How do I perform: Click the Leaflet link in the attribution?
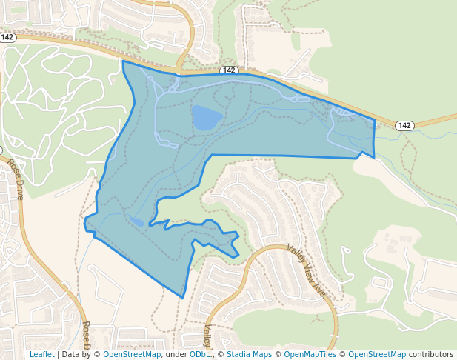[41, 354]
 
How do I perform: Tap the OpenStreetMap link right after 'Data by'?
[131, 354]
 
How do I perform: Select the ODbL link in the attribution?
[199, 354]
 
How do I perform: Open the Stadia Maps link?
[249, 354]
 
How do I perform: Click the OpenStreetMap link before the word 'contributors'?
[377, 354]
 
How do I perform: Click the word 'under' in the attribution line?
[176, 354]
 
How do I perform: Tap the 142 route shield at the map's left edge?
[8, 37]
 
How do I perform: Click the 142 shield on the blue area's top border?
[229, 70]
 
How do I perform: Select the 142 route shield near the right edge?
[404, 125]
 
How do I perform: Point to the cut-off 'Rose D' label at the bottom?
[87, 336]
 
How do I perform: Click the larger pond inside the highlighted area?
[207, 117]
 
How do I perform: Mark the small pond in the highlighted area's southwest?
[137, 221]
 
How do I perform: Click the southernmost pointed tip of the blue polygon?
[182, 298]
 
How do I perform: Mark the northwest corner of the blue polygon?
[123, 61]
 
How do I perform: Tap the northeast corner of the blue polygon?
[374, 120]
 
